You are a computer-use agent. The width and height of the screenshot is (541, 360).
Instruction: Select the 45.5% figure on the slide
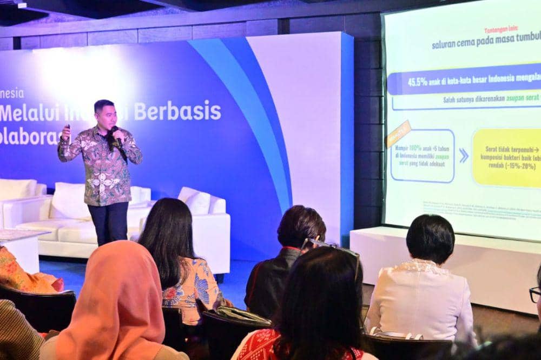point(418,82)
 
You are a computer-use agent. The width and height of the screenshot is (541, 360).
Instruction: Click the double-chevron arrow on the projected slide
point(464,156)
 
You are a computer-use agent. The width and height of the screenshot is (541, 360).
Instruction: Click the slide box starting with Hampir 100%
point(423,156)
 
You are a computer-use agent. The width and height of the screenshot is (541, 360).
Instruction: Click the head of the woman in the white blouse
point(430,238)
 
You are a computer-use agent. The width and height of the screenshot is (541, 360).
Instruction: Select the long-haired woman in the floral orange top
point(179,259)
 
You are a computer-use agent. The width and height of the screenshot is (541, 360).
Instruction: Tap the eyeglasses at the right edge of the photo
point(535,295)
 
